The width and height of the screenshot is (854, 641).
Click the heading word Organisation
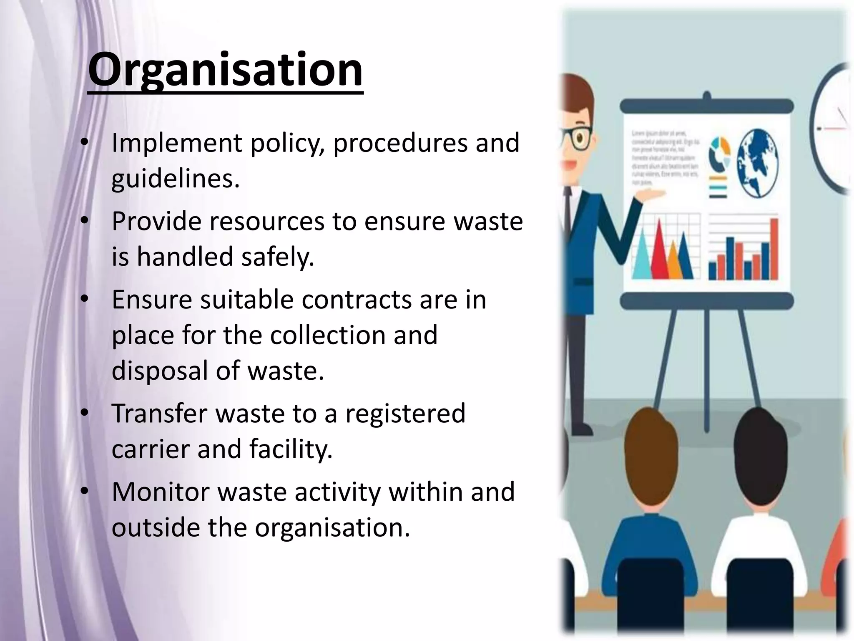pyautogui.click(x=225, y=70)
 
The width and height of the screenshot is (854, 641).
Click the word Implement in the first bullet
pyautogui.click(x=176, y=143)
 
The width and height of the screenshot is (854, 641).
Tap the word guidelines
pyautogui.click(x=175, y=179)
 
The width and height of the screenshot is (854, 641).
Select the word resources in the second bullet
pyautogui.click(x=267, y=221)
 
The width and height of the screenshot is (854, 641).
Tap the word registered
pyautogui.click(x=405, y=414)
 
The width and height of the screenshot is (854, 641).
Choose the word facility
pyautogui.click(x=291, y=449)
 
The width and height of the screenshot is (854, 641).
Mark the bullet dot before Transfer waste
pyautogui.click(x=85, y=413)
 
